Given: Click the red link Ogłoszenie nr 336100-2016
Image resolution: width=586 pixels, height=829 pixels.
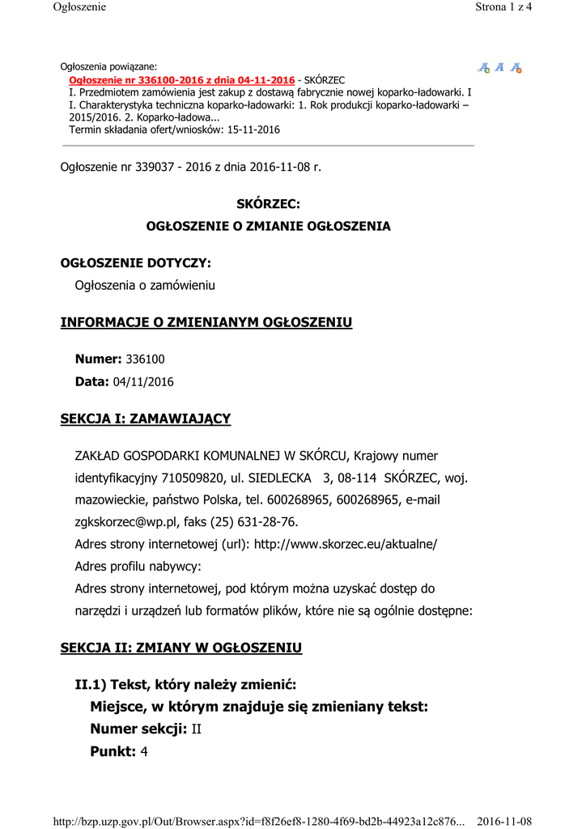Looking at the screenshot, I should (x=182, y=81).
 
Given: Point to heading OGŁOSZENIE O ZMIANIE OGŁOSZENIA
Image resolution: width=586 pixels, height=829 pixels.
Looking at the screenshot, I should (x=267, y=226).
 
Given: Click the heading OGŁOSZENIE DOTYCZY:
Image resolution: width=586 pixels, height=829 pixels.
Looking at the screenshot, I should (x=136, y=263).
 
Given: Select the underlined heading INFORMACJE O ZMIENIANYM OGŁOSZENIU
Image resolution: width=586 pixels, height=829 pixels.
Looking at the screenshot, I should (x=206, y=322).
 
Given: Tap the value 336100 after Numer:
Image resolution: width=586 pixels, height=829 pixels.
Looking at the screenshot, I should (x=146, y=359).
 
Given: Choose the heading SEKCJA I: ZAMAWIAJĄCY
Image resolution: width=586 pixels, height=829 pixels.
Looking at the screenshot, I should (x=146, y=419).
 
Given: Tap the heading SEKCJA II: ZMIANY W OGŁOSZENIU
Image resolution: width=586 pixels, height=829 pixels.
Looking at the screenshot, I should (x=181, y=648).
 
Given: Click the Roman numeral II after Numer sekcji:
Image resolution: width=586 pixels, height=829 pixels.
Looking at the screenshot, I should (x=195, y=729).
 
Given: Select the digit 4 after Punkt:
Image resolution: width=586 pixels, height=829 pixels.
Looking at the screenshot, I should (x=144, y=751).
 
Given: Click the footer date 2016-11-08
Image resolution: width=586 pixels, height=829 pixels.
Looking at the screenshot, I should (x=504, y=820).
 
